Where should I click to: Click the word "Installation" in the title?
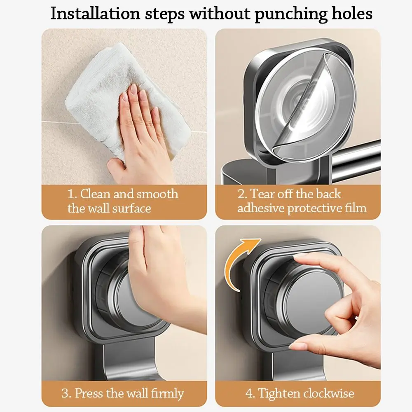tap(96, 13)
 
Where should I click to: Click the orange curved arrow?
tap(240, 263)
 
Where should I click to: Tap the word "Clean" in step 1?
tap(95, 194)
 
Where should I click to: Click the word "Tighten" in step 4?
tap(279, 394)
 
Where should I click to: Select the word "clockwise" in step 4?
tap(329, 393)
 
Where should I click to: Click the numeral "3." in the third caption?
tap(66, 393)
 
